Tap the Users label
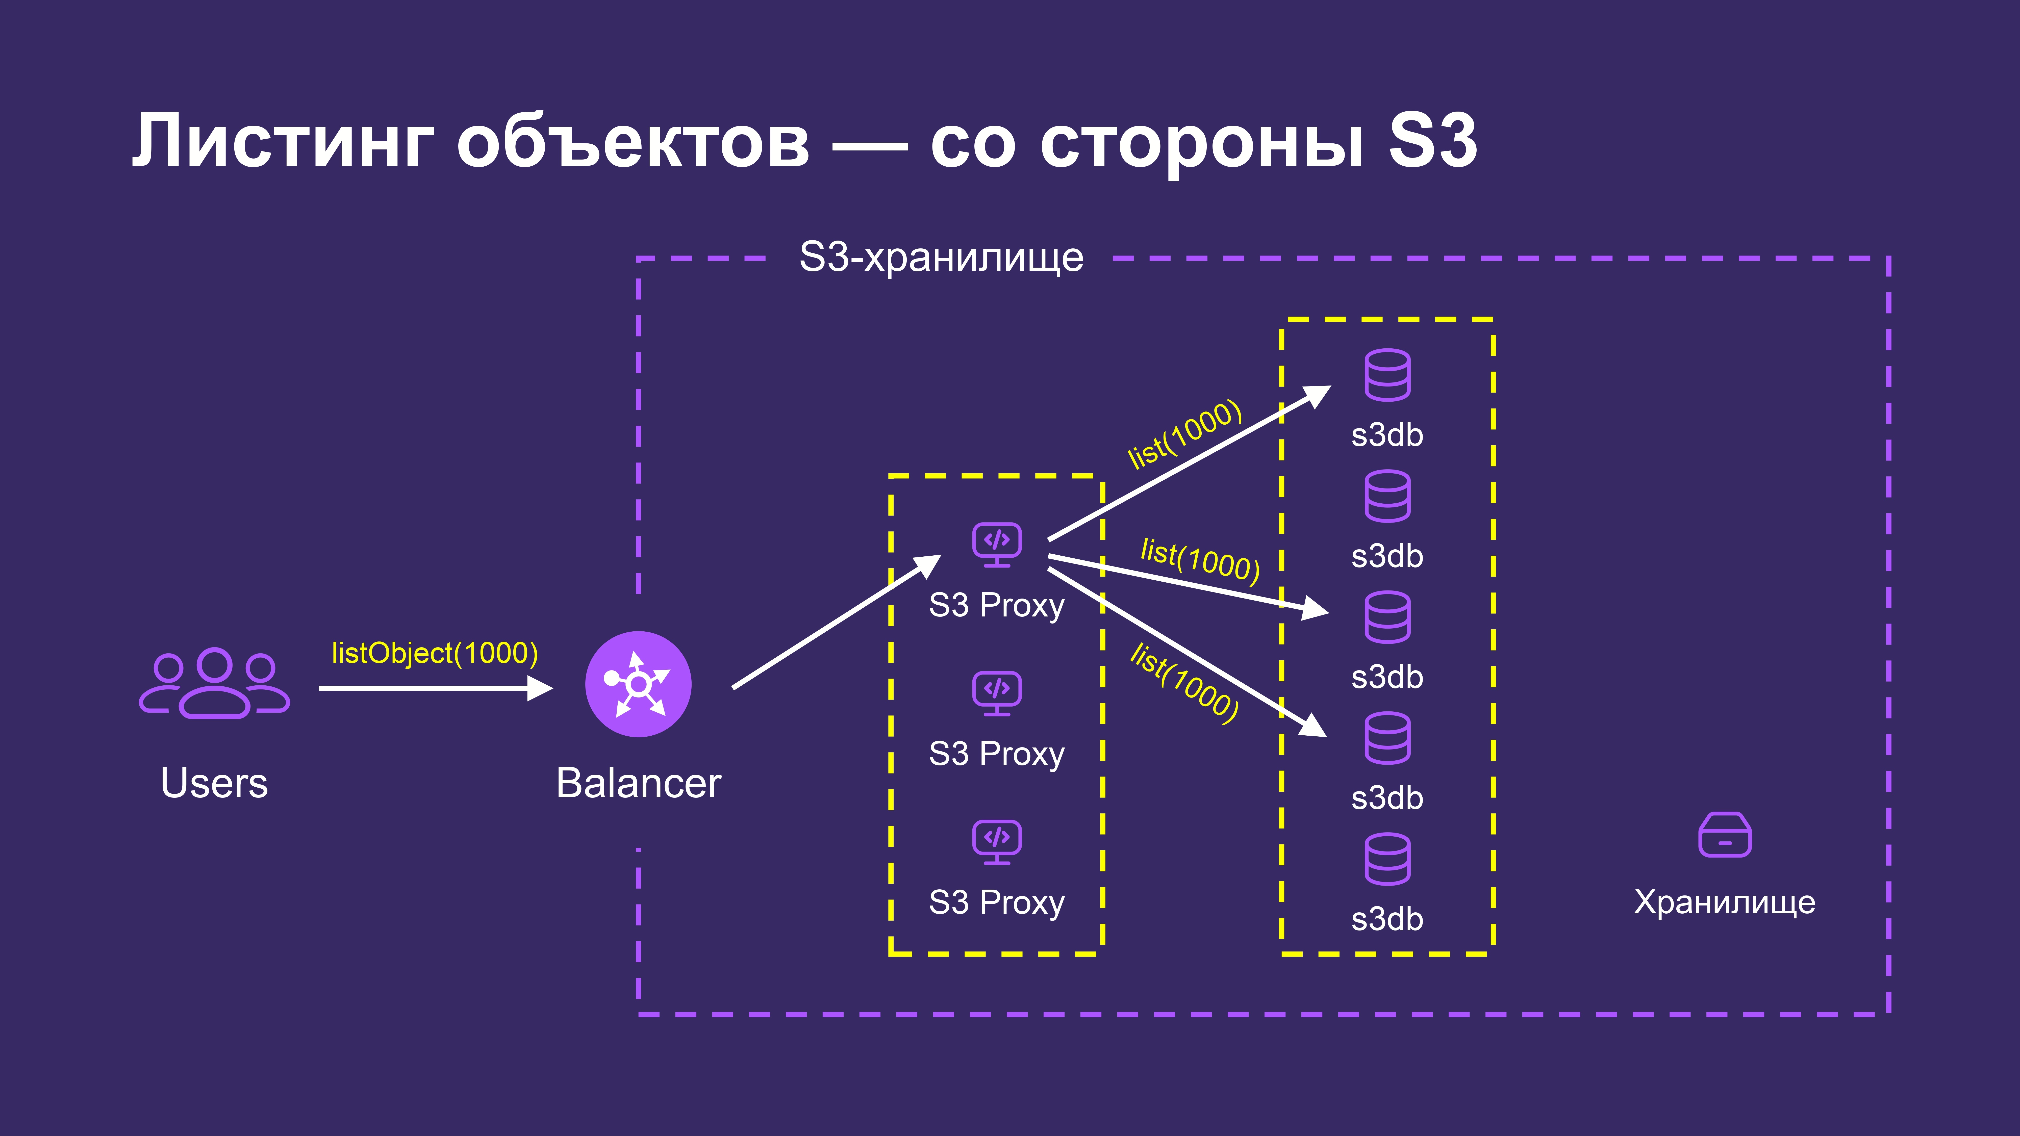point(214,782)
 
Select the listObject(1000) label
point(434,653)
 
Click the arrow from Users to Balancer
point(436,688)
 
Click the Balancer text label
point(638,782)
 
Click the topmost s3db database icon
point(1387,375)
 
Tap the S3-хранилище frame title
point(941,257)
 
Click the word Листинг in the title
point(282,141)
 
